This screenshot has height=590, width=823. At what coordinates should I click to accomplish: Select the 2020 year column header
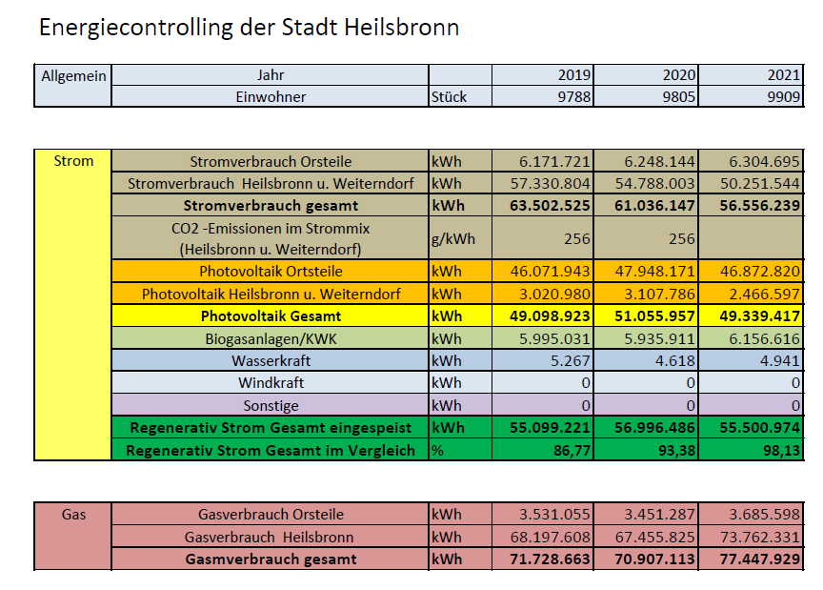(679, 75)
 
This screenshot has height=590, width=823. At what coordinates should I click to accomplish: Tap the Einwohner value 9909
(784, 96)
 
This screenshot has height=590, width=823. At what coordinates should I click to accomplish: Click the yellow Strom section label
(73, 161)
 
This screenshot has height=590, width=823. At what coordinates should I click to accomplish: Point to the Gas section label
(73, 515)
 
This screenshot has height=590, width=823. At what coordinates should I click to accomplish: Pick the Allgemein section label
(73, 76)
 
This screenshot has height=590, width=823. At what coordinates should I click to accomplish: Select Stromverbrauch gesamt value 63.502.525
(550, 206)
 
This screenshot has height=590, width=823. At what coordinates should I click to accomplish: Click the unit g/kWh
(453, 239)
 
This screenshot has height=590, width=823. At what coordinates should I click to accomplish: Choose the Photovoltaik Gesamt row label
(271, 316)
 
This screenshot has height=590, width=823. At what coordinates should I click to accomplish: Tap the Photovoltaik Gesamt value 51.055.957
(654, 316)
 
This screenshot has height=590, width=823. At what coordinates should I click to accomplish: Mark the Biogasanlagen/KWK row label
(271, 339)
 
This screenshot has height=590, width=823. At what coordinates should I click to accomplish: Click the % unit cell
(437, 450)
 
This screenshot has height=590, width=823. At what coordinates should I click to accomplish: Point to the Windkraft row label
(271, 383)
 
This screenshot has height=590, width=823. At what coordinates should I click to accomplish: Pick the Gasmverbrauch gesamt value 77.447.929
(759, 559)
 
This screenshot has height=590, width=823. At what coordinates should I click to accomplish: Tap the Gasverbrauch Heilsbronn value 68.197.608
(550, 537)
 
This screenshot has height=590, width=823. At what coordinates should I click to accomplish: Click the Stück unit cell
(449, 96)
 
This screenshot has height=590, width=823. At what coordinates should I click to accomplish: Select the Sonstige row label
(271, 406)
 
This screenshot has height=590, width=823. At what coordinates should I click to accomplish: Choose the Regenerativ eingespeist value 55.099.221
(550, 428)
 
